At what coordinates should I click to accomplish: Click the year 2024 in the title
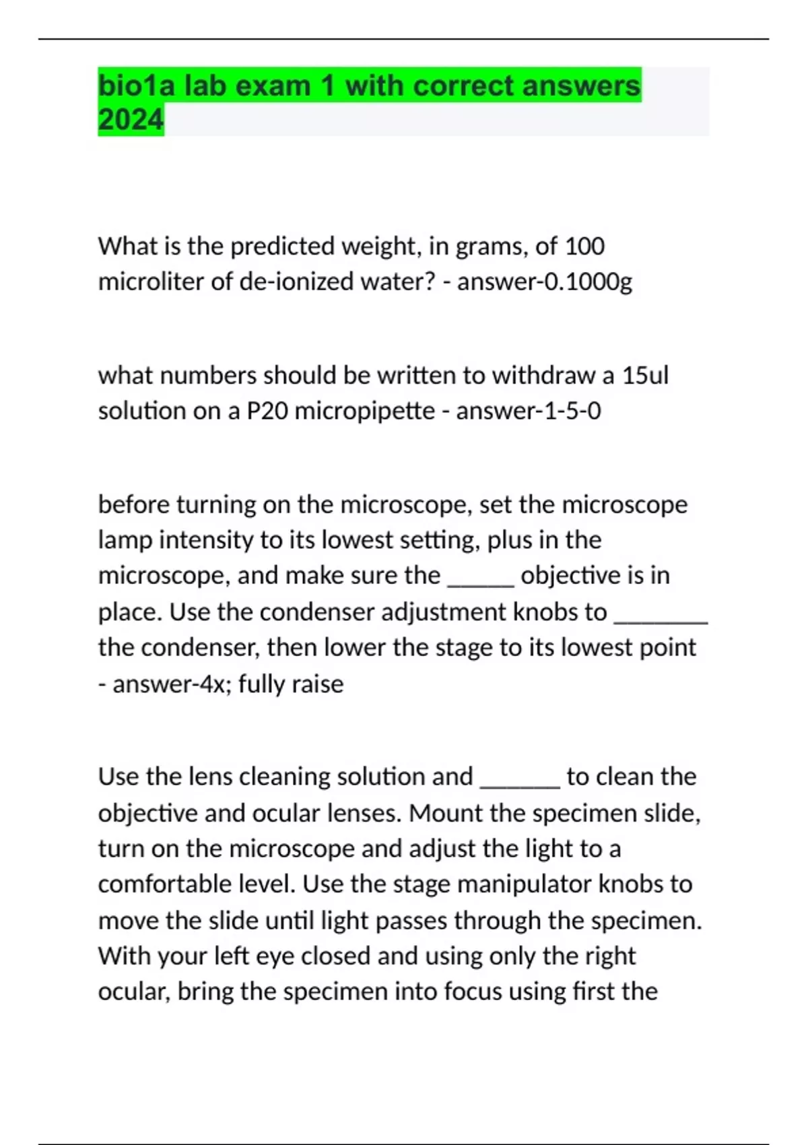131,120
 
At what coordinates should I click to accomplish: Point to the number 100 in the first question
584,246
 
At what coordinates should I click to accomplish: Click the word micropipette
365,411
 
